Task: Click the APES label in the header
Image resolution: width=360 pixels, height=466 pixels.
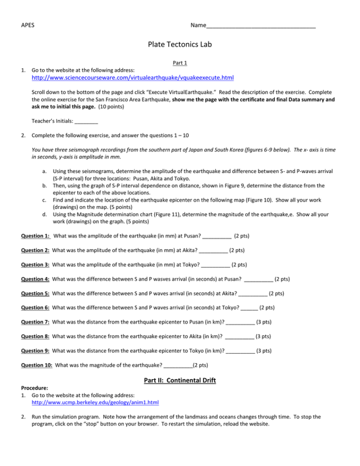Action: click(28, 25)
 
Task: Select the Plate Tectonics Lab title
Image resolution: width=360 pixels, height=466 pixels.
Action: click(180, 45)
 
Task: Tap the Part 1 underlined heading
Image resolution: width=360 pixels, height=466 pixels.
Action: click(180, 62)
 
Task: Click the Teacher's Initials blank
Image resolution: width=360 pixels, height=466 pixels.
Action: click(87, 122)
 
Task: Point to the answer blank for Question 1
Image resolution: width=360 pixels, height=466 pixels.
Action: click(217, 236)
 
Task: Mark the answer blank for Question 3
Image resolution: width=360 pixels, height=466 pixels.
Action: click(215, 264)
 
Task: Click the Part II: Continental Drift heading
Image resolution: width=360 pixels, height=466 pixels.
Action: click(180, 381)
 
